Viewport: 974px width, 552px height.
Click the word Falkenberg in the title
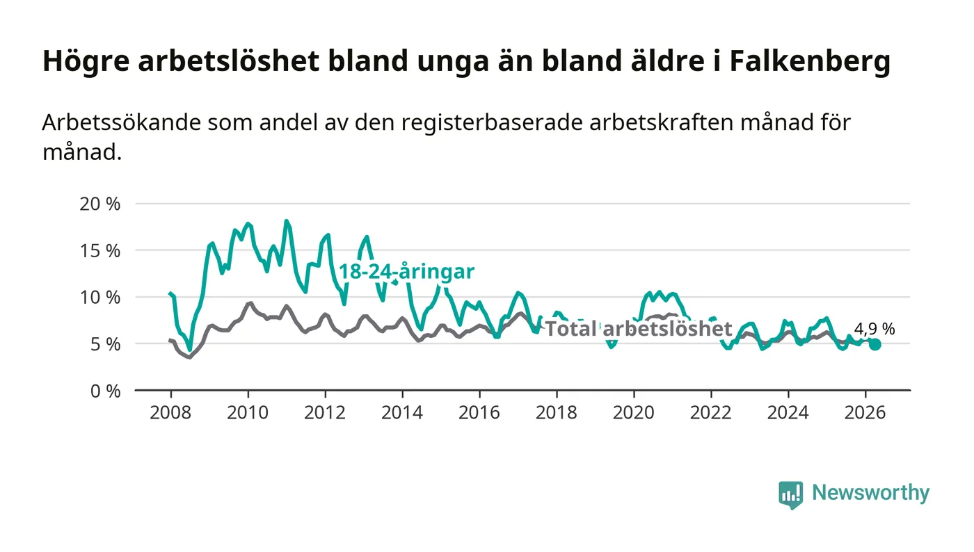coord(810,61)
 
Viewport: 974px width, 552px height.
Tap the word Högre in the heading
coord(86,61)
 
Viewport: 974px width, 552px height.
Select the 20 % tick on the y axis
coord(99,204)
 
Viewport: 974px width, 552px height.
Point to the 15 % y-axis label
coord(99,251)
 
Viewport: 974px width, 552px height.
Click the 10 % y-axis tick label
coord(99,298)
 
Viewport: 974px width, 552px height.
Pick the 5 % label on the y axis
coord(105,345)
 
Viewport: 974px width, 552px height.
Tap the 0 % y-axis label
coord(105,391)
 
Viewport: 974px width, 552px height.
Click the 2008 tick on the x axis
coord(170,412)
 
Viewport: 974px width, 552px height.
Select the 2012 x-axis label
coord(325,412)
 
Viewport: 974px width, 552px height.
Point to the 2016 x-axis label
coord(479,412)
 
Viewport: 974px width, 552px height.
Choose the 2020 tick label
coord(634,412)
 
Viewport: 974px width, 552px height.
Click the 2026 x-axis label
coord(865,412)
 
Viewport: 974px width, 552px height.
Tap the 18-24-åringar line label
coord(406,272)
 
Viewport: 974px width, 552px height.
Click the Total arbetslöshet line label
coord(639,329)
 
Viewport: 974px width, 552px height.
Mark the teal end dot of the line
coord(875,344)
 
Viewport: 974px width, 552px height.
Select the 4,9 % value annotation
coord(875,329)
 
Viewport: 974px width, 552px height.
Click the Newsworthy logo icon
coord(790,495)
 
